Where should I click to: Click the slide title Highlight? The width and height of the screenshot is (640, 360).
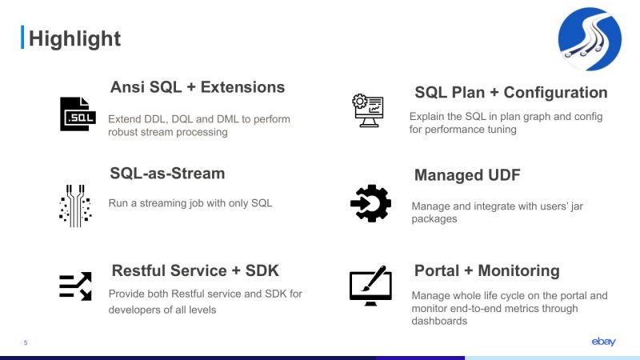[x=74, y=38]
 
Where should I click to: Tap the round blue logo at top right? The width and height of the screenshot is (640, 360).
[x=589, y=39]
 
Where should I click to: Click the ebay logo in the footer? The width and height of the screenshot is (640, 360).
[x=603, y=342]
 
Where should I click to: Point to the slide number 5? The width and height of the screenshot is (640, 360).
[x=26, y=343]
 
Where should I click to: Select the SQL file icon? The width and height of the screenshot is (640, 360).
[x=78, y=114]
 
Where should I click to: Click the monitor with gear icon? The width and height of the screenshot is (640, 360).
[x=368, y=110]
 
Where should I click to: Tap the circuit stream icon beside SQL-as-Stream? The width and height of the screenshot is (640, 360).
[x=75, y=206]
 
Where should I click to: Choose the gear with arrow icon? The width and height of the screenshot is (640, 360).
[x=370, y=203]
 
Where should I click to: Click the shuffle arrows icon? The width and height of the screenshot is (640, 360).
[x=75, y=286]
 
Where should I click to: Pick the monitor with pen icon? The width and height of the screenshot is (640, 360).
[x=370, y=285]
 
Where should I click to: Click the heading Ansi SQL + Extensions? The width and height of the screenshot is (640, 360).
[x=197, y=87]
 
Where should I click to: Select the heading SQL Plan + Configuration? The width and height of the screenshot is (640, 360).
[x=510, y=92]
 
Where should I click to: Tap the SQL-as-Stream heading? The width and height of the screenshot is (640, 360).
[x=167, y=174]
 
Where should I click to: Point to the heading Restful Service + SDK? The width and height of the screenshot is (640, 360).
[x=195, y=270]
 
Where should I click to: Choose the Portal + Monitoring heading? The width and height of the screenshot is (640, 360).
[x=486, y=270]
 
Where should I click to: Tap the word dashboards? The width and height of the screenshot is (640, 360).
[x=439, y=321]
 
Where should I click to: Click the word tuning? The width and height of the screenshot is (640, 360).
[x=499, y=129]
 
